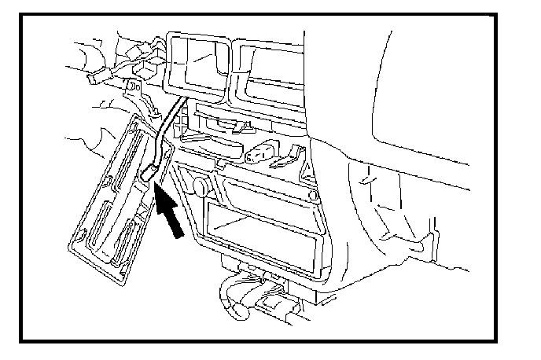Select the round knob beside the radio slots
[199, 186]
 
